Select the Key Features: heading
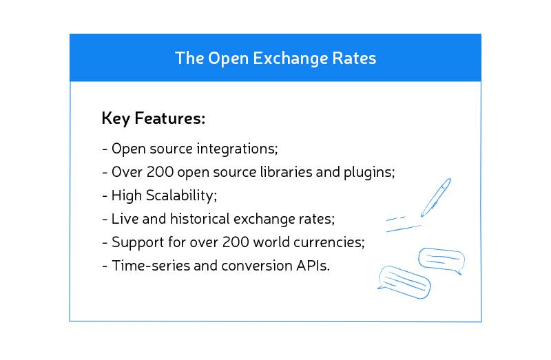coord(153,118)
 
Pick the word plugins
coord(371,172)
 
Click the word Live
coord(123,219)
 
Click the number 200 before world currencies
coord(216,242)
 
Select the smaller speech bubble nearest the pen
coord(441,260)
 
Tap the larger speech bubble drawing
coord(404,280)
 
